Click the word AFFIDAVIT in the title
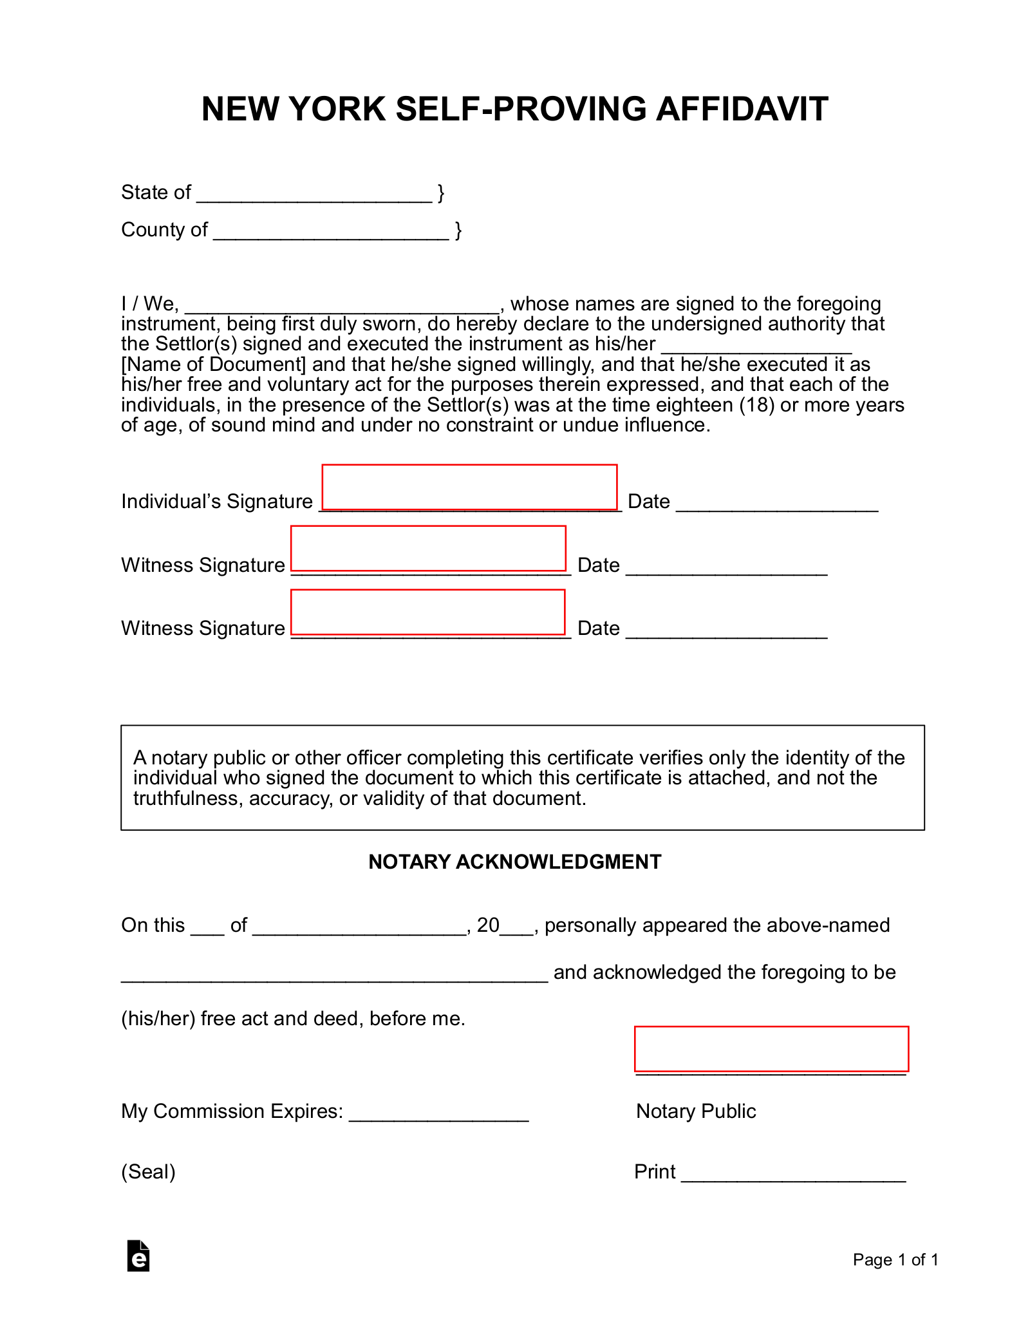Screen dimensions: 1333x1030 coord(742,109)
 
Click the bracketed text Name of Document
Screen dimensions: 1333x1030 coord(214,364)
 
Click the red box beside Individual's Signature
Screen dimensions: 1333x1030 coord(469,487)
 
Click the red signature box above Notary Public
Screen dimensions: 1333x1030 coord(771,1048)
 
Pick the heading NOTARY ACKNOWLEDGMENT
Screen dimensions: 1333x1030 coord(514,862)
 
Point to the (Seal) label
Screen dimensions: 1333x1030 coord(148,1171)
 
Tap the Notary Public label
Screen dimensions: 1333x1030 coord(696,1111)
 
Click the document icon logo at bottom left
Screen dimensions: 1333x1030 coord(138,1256)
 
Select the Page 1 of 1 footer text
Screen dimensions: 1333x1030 coord(895,1260)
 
